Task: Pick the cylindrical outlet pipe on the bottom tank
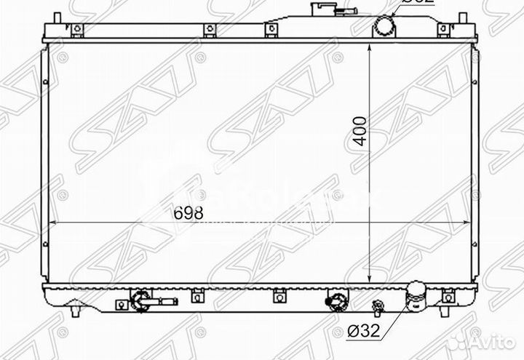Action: [x=417, y=295]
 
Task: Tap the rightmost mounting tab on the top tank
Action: [x=442, y=30]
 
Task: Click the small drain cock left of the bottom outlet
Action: [x=377, y=305]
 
